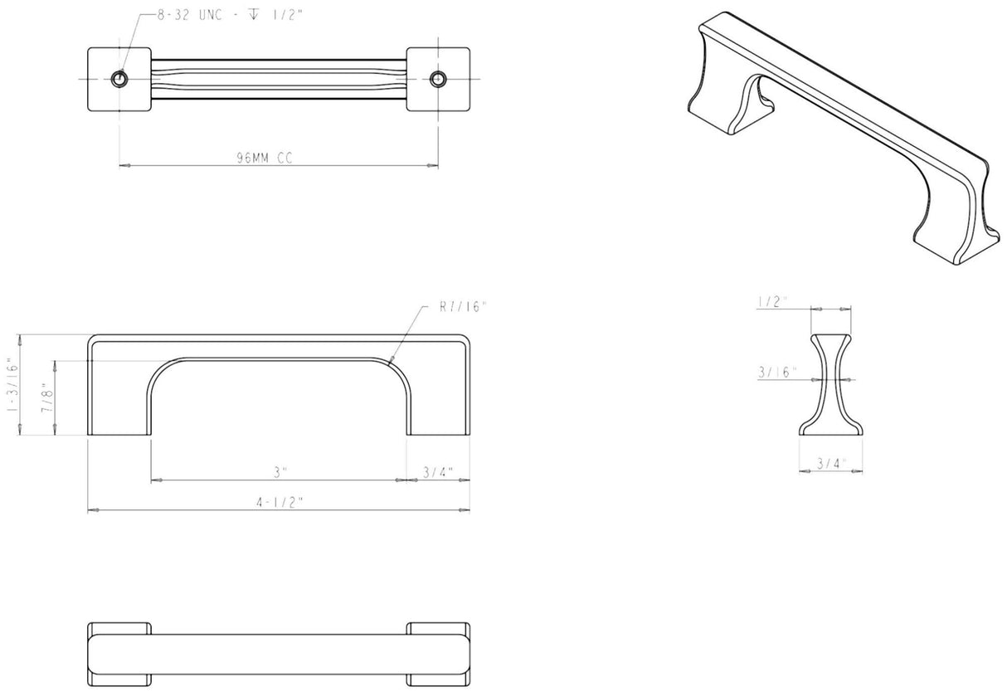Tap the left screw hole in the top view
[x=119, y=78]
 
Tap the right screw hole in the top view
[x=438, y=78]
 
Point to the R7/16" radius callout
[x=464, y=307]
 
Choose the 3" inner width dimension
[x=280, y=473]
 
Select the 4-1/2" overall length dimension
[x=280, y=502]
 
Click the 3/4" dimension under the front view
[x=437, y=473]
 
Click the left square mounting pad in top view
[x=119, y=78]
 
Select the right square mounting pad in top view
[x=438, y=78]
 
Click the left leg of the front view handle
[x=119, y=398]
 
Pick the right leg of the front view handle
[x=438, y=398]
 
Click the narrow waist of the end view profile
[x=826, y=379]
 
